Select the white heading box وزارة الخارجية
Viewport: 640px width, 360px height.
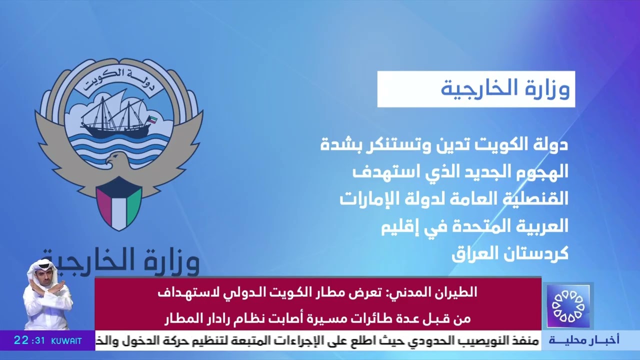475,89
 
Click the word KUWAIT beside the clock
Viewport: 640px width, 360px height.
66,341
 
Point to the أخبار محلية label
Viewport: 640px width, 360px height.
583,340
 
